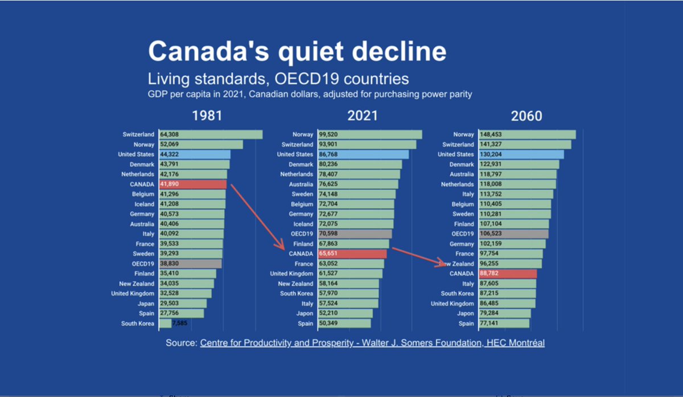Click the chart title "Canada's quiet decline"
pos(297,51)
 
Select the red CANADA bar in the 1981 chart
pos(192,185)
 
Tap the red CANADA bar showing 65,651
pos(352,254)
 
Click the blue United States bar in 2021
pos(363,154)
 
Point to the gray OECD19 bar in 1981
pos(190,264)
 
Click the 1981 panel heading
pos(207,116)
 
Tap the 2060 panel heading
pos(526,116)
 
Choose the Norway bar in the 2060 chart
pos(527,134)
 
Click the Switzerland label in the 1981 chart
pos(138,134)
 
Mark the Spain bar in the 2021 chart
pos(344,324)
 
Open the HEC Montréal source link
pos(372,343)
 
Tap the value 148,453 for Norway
pos(492,134)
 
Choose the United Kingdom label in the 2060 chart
pos(452,304)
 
